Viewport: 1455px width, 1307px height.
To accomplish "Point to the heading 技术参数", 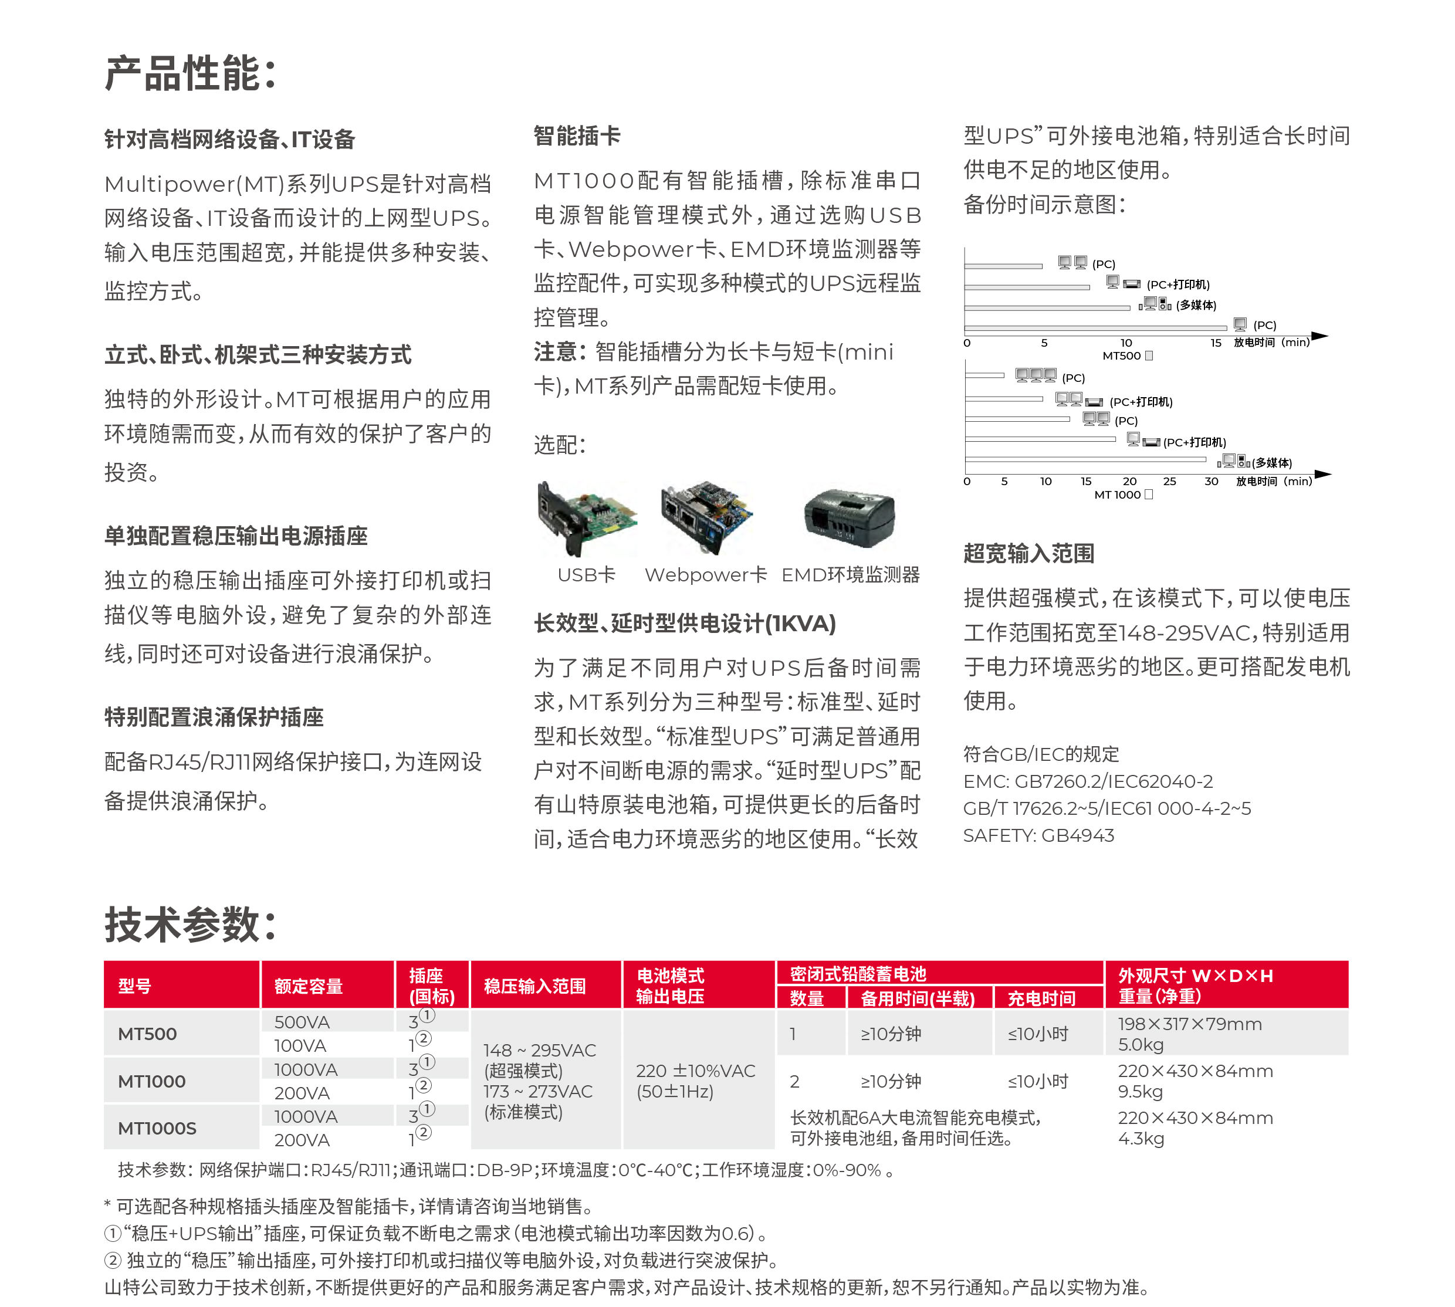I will (x=190, y=925).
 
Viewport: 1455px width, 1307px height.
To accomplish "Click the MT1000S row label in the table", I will (x=157, y=1128).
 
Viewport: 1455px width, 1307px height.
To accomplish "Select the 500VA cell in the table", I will (x=302, y=1022).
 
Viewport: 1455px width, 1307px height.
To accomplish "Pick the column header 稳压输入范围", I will (x=535, y=986).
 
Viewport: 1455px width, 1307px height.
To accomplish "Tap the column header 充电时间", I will (x=1041, y=998).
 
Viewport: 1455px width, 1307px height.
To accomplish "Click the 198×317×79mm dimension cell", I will (x=1189, y=1024).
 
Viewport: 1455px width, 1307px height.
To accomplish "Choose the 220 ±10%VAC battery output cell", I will (x=695, y=1071).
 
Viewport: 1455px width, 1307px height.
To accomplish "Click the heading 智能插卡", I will (x=577, y=136).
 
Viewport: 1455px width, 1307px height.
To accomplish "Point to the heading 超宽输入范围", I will (x=1028, y=553).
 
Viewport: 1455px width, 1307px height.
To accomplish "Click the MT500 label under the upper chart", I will (x=1121, y=355).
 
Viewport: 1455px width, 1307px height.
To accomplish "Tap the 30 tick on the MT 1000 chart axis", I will (x=1211, y=481).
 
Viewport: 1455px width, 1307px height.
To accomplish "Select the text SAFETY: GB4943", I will (x=1038, y=835).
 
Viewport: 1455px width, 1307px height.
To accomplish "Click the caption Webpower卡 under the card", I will (x=706, y=574).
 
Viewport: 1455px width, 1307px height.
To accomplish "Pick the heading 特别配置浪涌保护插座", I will (x=214, y=717).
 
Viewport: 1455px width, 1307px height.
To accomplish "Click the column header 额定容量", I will (x=309, y=986).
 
